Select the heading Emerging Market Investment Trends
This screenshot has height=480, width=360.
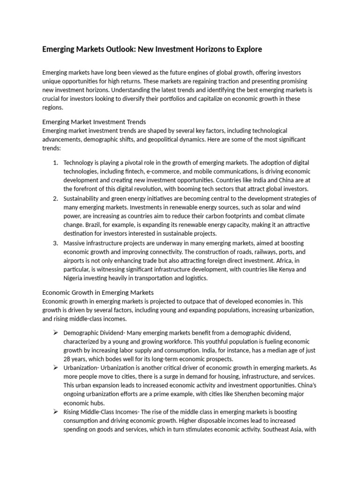[94, 122]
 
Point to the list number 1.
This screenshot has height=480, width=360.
[55, 163]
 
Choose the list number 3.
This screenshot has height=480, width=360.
[55, 243]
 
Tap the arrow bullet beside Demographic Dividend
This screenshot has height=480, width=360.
[55, 332]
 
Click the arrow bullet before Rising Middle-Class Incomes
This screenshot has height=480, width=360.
[55, 412]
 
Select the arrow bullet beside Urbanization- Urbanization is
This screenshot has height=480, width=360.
[55, 368]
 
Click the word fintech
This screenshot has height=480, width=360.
[145, 172]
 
